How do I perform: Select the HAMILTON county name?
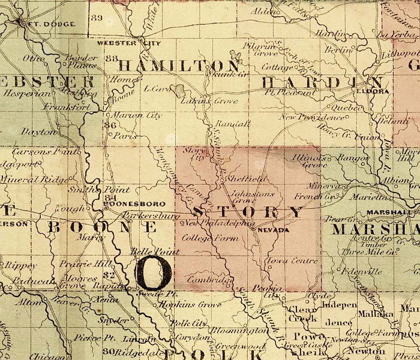(x=178, y=65)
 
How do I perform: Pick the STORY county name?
(x=249, y=212)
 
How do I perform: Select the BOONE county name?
(x=102, y=227)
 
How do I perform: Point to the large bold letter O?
(x=154, y=272)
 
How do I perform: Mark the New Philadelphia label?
(x=216, y=223)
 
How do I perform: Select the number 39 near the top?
(x=97, y=17)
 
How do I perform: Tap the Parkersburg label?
(x=150, y=214)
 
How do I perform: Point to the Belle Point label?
(x=146, y=250)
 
